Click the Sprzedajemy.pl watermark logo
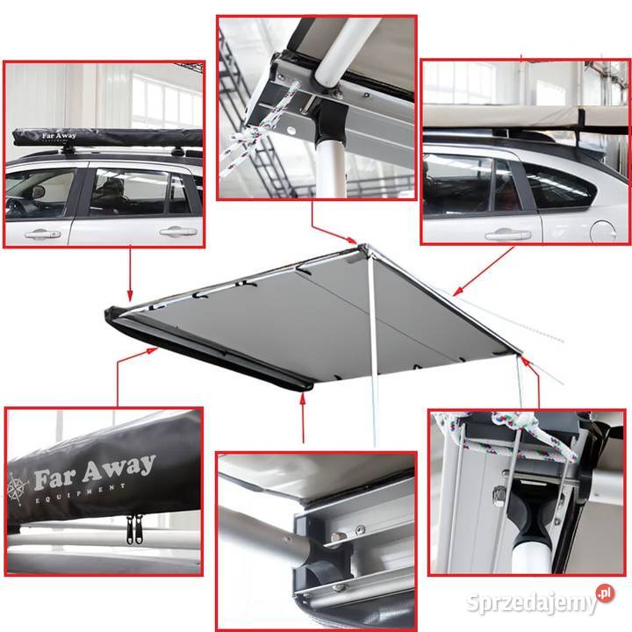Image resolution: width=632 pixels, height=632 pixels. [x=540, y=600]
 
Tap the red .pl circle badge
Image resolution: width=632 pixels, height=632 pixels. [x=606, y=593]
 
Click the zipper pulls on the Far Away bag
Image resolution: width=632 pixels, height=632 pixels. [x=134, y=529]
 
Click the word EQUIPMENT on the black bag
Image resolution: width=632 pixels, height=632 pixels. [x=81, y=493]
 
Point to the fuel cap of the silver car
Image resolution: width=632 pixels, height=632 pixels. [x=603, y=232]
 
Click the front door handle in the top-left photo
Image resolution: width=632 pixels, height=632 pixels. [x=42, y=233]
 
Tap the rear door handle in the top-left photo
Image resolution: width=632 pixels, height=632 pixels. [x=178, y=232]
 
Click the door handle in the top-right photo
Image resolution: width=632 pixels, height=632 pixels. [x=508, y=234]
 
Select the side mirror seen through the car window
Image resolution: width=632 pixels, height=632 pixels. [x=39, y=192]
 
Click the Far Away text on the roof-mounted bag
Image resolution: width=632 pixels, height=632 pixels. [x=59, y=136]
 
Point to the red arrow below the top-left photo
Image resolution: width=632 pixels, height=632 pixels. [x=130, y=273]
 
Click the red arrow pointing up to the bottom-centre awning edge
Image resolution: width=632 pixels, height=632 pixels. [x=303, y=418]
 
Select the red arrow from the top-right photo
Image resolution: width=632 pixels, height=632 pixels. [x=484, y=271]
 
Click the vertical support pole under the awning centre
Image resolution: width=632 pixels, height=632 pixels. [x=373, y=347]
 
